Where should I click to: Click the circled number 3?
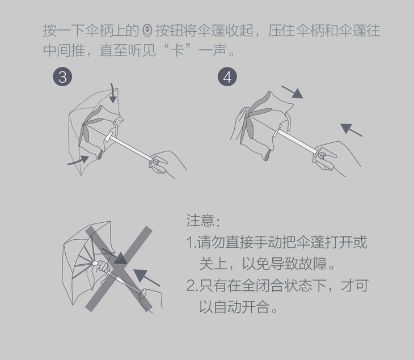62,77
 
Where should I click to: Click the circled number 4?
227,77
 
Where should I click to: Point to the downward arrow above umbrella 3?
113,94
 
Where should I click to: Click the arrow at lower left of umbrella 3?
78,162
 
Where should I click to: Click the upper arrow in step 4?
292,92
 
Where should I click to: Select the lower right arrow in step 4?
352,129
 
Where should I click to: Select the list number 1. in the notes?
191,243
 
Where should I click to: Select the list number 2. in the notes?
191,286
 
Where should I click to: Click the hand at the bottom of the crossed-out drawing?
151,297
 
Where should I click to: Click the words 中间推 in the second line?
62,50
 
